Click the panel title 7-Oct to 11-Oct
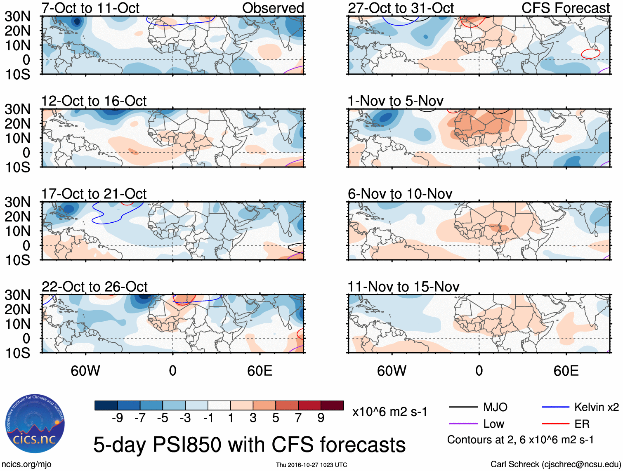[90, 8]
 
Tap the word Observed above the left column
[273, 8]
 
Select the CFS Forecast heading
[565, 8]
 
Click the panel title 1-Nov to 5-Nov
[395, 101]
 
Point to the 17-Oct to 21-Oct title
[94, 194]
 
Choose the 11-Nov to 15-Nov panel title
[403, 287]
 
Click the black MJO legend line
[463, 407]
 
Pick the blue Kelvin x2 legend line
[555, 407]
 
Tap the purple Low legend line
[463, 424]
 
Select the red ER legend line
[555, 424]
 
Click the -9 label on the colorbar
[117, 418]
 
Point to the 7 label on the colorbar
[298, 418]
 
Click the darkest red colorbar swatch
[332, 405]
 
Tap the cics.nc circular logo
[35, 424]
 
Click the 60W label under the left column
[85, 371]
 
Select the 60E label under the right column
[566, 371]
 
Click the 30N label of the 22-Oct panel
[17, 295]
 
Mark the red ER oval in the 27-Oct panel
[590, 53]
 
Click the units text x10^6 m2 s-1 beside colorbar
[389, 412]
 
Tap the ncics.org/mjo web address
[26, 464]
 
